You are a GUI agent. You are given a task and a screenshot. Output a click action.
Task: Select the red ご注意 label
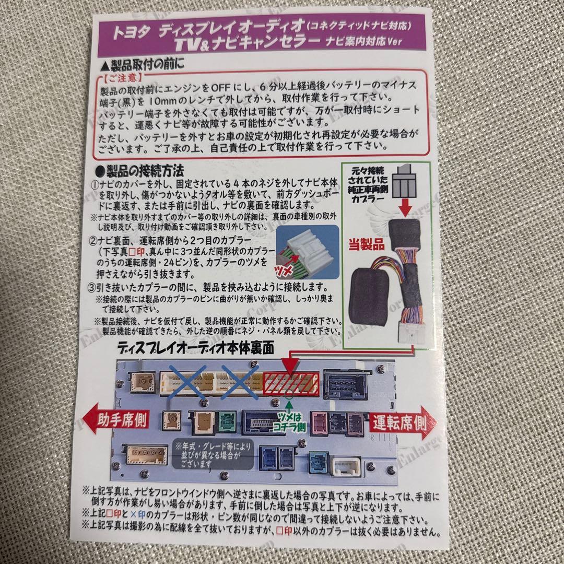tap(119, 79)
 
